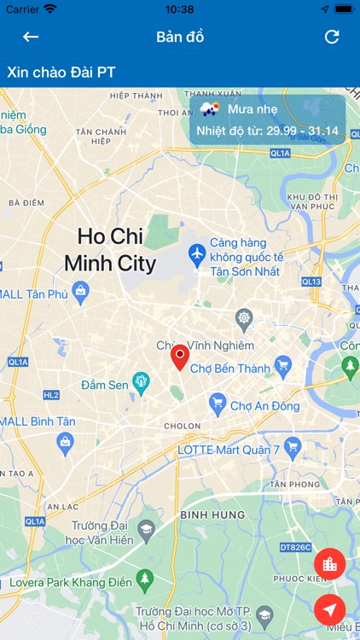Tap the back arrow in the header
(x=31, y=37)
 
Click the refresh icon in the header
(x=332, y=37)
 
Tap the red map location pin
(x=179, y=357)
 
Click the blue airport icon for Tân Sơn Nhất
(x=197, y=254)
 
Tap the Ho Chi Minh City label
(x=110, y=249)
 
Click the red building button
(x=329, y=564)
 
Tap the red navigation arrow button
(x=329, y=609)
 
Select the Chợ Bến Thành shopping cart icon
(x=283, y=369)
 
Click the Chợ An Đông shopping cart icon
(x=218, y=404)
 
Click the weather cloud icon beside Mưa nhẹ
(x=210, y=108)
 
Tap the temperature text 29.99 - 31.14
(x=302, y=131)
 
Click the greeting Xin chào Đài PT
(x=61, y=73)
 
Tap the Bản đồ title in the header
(x=180, y=37)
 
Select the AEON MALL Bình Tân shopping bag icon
(x=66, y=441)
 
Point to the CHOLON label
(x=183, y=425)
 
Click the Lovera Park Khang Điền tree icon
(x=145, y=580)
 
